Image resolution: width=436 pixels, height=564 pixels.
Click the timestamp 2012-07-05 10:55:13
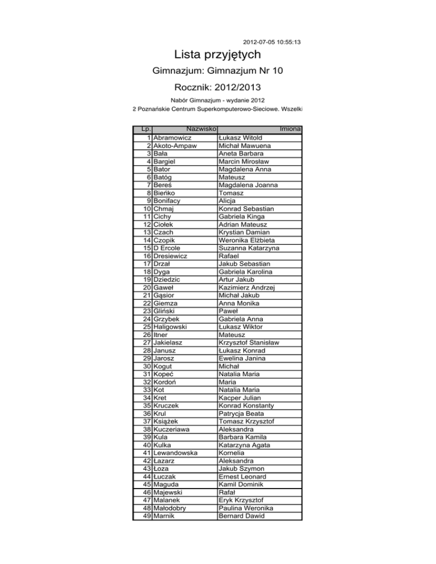[x=271, y=42]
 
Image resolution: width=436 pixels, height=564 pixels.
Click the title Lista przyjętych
[x=218, y=55]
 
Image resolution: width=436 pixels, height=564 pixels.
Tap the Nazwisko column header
[x=203, y=130]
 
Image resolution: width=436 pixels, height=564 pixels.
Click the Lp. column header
[x=145, y=130]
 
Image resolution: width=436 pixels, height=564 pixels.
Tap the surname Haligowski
[x=174, y=327]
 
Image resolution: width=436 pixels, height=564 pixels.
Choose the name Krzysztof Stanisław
[x=252, y=343]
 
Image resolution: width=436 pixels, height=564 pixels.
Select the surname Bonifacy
[x=170, y=201]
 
